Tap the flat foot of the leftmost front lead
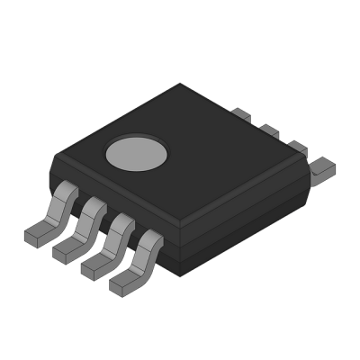tap(37, 235)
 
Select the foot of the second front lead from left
tap(66, 251)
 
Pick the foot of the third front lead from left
tap(94, 266)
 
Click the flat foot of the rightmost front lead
tap(123, 282)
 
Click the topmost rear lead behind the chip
tap(241, 114)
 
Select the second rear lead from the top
tap(267, 130)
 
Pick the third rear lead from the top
tap(294, 147)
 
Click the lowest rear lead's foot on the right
tap(321, 165)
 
